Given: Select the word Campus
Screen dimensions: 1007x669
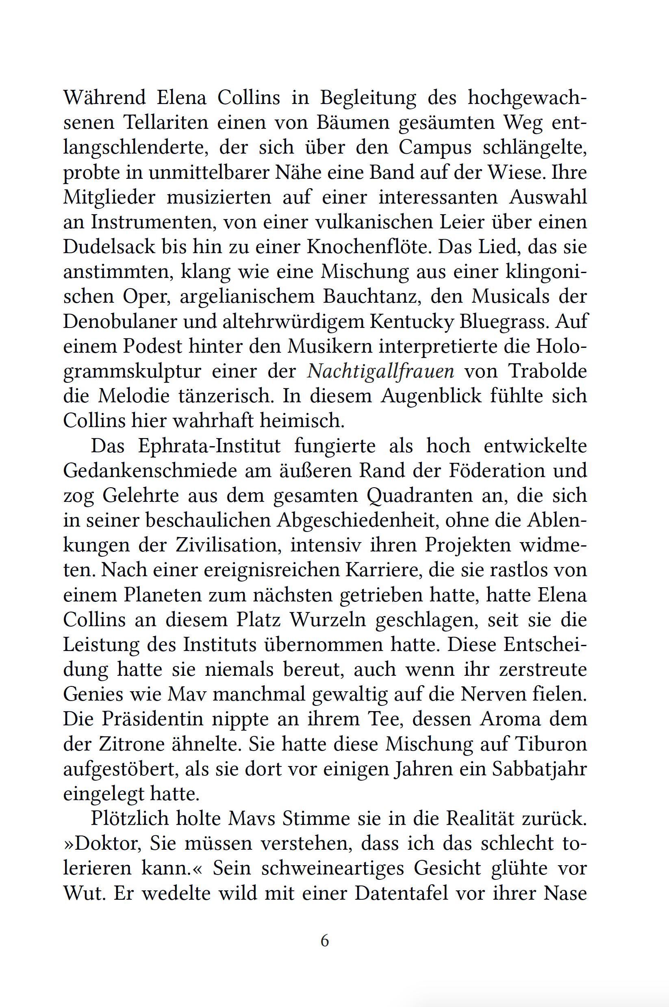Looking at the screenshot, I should (435, 148).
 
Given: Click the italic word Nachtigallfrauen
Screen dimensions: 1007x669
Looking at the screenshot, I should (381, 371).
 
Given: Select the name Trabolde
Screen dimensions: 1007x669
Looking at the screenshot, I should (547, 371).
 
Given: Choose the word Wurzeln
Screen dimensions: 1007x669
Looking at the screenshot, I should (328, 620).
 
